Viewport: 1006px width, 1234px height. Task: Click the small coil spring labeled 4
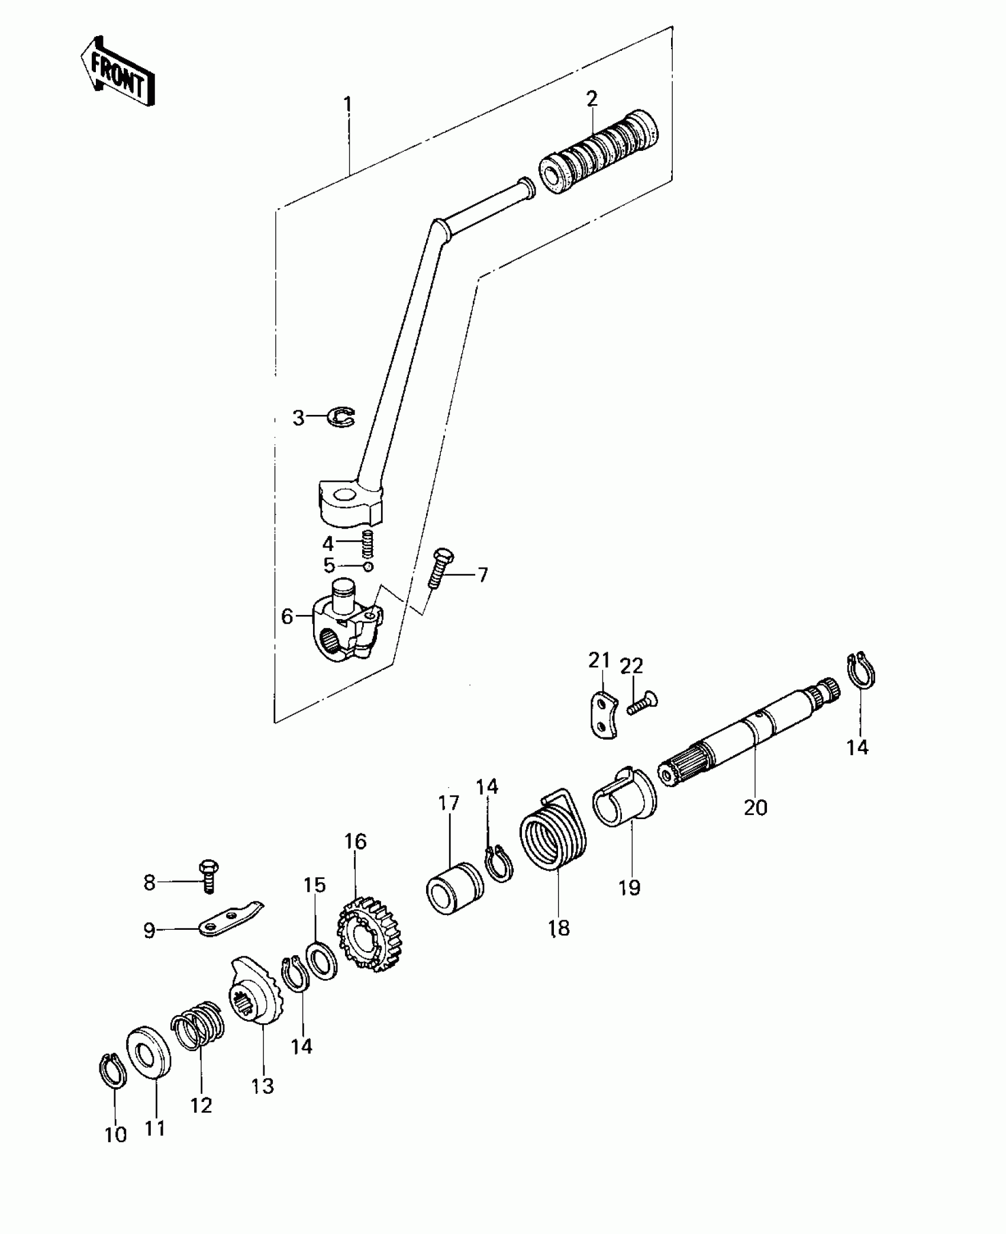(367, 543)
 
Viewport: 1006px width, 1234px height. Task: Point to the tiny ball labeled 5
(367, 566)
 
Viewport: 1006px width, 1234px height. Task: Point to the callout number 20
(756, 808)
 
